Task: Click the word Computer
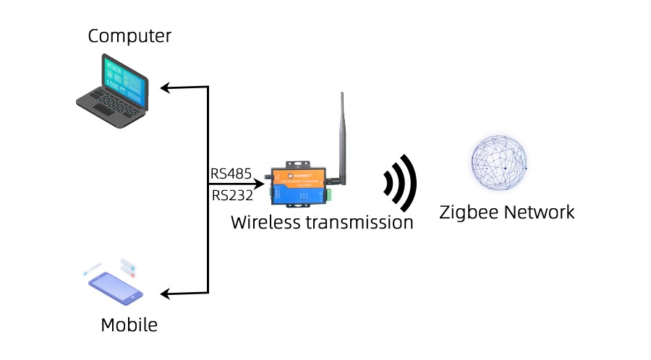[130, 35]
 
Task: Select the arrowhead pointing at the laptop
[165, 88]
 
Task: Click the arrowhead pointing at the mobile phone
[165, 293]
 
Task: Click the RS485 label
[231, 173]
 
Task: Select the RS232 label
[231, 195]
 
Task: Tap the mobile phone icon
[115, 285]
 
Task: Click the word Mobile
[129, 325]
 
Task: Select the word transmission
[359, 222]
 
